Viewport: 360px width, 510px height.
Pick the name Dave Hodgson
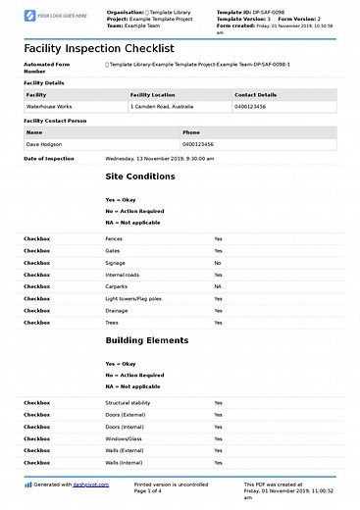tap(45, 143)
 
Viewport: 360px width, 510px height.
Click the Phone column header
tap(191, 131)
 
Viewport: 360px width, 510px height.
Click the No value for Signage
tap(218, 263)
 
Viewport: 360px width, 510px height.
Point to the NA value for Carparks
tap(218, 286)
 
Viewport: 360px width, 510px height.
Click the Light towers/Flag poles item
tap(133, 298)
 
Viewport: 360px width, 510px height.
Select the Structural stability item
tap(129, 402)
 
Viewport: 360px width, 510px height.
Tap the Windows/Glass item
tap(124, 438)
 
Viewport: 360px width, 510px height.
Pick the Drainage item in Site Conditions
tap(117, 310)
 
